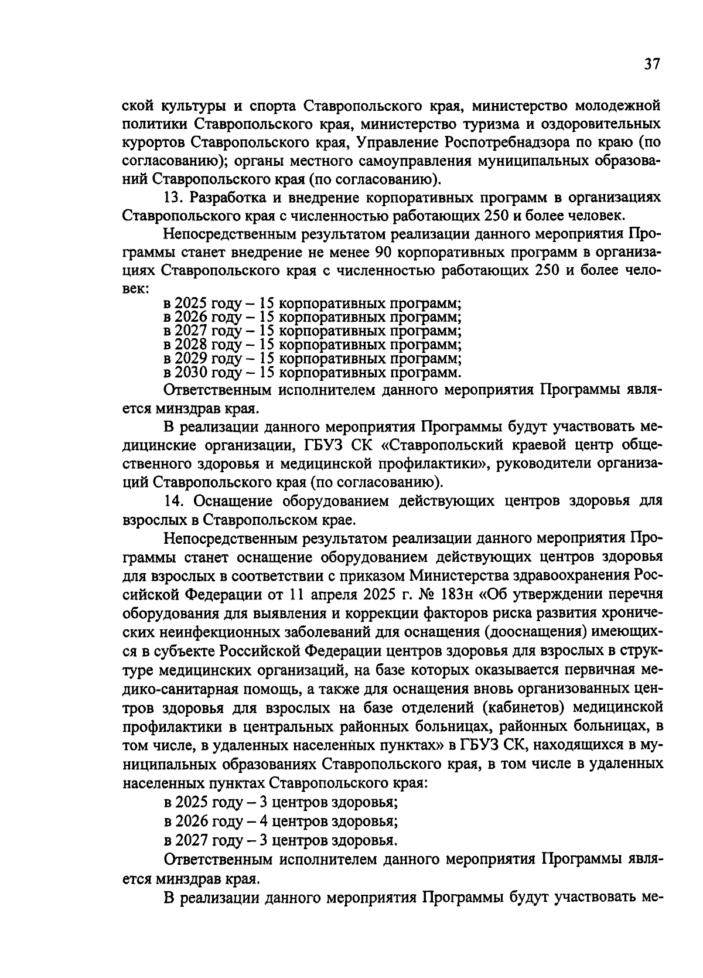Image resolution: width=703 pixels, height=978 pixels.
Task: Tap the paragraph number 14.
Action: pos(175,502)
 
